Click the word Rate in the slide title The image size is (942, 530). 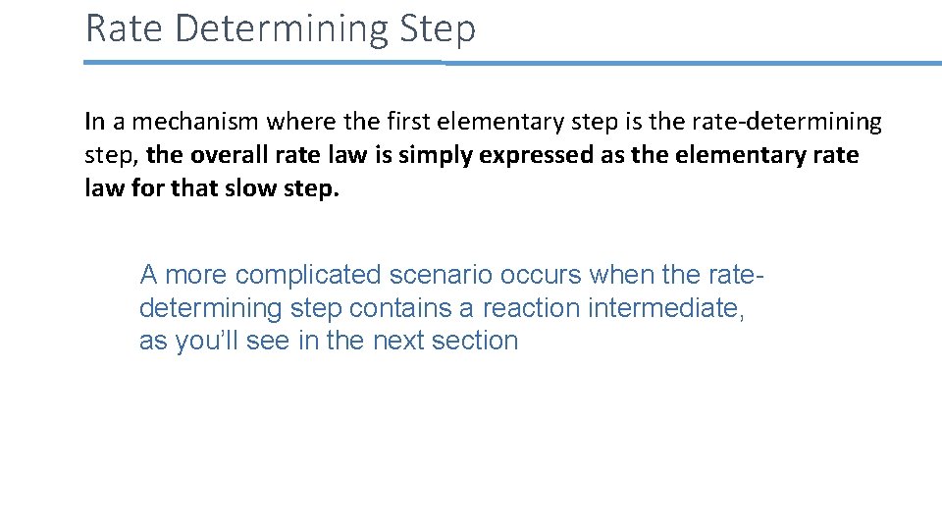tap(125, 28)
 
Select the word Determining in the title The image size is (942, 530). tap(282, 28)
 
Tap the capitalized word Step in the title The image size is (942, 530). tap(438, 28)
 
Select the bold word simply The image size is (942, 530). tap(434, 155)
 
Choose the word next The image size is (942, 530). tap(392, 341)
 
